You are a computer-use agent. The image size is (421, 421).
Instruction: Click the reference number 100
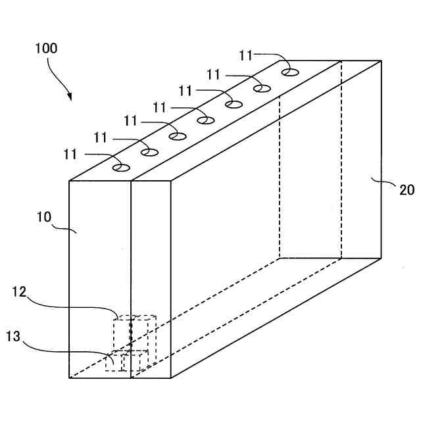46,48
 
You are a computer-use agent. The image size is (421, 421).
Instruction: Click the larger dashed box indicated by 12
135,333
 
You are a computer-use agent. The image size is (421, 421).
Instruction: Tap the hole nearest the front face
120,168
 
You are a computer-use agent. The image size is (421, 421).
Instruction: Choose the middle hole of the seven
206,120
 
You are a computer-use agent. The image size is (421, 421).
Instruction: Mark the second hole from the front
149,152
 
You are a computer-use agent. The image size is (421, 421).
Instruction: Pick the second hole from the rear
262,87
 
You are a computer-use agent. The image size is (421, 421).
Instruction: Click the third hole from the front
177,136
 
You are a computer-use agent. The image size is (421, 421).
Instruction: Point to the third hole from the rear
234,103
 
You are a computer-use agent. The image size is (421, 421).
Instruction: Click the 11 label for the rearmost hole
246,55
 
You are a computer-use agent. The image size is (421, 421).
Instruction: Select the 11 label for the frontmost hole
70,154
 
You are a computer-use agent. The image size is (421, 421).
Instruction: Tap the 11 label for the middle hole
160,106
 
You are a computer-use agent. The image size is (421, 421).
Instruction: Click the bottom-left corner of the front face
69,378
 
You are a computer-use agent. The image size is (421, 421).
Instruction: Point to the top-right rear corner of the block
382,61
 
